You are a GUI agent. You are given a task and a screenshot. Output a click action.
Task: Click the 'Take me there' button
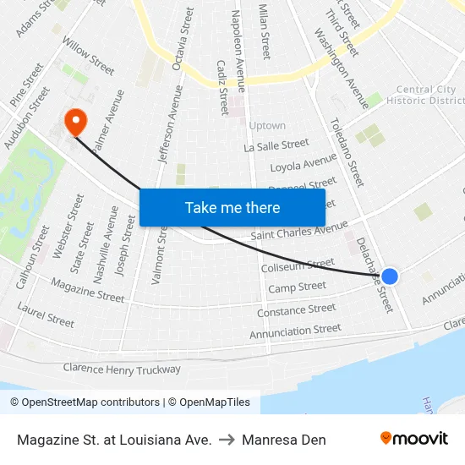pos(232,207)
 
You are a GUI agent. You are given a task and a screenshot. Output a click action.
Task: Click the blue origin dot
pos(390,276)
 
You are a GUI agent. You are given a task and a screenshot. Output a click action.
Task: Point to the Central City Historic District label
pos(425,95)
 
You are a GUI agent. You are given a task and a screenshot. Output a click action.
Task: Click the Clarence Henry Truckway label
pos(122,369)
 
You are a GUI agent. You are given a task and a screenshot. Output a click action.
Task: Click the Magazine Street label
pos(87,290)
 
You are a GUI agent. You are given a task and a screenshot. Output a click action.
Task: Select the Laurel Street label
pos(46,315)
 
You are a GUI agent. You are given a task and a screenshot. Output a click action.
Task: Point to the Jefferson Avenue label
pos(170,123)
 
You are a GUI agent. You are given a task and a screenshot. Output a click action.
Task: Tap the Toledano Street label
pos(347,151)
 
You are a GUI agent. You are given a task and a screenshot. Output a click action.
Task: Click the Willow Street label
pos(88,56)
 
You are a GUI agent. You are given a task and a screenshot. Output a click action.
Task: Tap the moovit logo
pos(413,439)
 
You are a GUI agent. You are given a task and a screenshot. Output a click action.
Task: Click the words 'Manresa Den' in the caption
pos(283,440)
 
